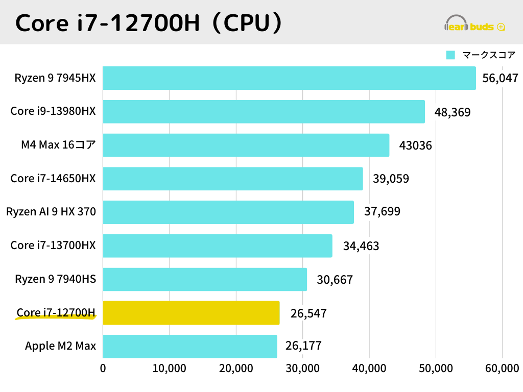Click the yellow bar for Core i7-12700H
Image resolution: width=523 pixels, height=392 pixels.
coord(191,313)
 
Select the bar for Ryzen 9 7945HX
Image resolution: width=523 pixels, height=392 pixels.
coord(289,78)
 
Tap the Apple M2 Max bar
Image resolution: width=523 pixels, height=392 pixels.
coord(190,347)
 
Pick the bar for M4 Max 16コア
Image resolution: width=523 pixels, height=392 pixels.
coord(246,145)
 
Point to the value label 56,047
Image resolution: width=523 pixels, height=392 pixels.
coord(501,79)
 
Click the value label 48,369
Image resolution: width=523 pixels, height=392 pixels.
coord(453,112)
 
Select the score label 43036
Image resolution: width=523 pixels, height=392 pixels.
coord(416,146)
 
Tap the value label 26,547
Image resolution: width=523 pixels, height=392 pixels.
coord(308,313)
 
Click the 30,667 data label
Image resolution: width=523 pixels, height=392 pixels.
coord(335,280)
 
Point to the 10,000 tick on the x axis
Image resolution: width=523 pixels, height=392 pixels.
coord(169,369)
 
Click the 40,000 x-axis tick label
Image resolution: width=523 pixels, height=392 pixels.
coord(369,369)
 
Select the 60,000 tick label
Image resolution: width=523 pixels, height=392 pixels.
coord(502,369)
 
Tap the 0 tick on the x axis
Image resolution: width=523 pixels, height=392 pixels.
coord(103,369)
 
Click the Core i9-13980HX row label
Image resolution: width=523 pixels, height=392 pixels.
coord(53,111)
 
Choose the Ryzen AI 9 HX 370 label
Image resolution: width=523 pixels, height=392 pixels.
coord(51,212)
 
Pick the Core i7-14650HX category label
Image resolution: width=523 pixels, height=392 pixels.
coord(53,179)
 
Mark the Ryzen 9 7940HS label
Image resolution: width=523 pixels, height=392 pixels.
coord(55,279)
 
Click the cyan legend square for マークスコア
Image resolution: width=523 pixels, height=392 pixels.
coord(450,55)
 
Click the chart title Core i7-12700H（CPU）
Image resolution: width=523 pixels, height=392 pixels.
coord(149,23)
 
